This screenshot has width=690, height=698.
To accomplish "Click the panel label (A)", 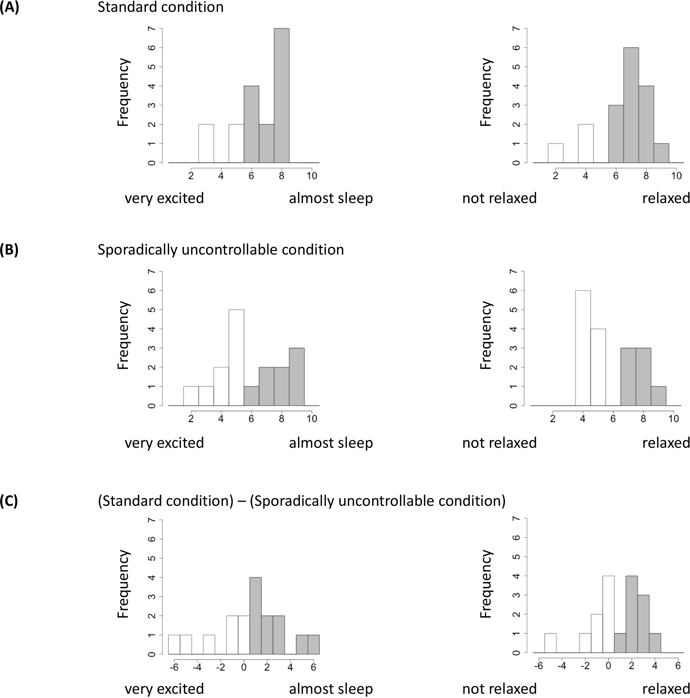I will coord(10,7).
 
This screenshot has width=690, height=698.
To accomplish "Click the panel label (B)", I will coord(10,250).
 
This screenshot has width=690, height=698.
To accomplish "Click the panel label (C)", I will coord(10,501).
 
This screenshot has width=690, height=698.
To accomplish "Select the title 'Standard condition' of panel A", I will coord(160,7).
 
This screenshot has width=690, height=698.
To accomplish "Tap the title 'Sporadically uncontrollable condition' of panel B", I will coord(220,250).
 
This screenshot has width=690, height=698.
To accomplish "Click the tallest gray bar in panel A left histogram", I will coord(281,96).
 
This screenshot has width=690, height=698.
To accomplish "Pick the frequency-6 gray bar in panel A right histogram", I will coord(631,105).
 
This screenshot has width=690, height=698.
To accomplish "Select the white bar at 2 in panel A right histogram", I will coord(556,153).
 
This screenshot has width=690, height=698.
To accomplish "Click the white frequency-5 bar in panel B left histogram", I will coord(236,358).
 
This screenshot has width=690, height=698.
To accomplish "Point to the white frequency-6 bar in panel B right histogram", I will coord(583,348).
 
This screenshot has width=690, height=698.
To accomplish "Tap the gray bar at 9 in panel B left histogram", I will coord(296,377).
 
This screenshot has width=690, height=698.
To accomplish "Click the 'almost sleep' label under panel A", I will coord(331,198).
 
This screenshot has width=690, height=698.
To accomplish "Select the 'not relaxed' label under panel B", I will coord(499,442).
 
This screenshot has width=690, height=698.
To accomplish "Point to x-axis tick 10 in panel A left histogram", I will coord(312,176).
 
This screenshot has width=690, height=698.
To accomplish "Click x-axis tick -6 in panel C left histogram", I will coord(174,667).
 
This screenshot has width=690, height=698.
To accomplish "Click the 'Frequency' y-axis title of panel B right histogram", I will coord(486,335).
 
